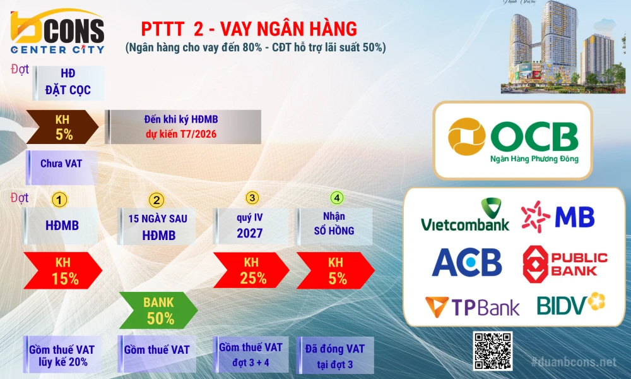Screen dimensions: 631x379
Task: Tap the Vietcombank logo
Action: (x=465, y=215)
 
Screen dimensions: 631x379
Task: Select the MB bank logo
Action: (x=558, y=217)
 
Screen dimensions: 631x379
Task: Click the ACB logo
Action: (x=467, y=262)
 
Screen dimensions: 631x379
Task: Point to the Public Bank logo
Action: (x=565, y=264)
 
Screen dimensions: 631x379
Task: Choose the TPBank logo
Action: (x=472, y=308)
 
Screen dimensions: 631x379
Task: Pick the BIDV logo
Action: (x=570, y=303)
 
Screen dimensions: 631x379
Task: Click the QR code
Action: (x=493, y=351)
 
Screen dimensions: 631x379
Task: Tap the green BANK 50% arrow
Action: (x=158, y=310)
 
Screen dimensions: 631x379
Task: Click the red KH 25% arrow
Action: (x=251, y=270)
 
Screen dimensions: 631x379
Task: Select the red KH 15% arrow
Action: (x=62, y=270)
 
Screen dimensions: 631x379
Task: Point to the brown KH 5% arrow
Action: (x=62, y=127)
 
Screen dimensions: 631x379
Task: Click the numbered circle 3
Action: (x=252, y=198)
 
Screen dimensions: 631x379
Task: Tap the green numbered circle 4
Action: (x=337, y=198)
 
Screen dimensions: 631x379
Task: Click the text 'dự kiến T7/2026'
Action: (x=181, y=134)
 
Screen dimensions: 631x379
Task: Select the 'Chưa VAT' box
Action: (x=62, y=167)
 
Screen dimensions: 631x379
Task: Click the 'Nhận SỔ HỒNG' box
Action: (x=334, y=226)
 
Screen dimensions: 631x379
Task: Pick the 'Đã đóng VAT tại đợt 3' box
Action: (x=335, y=356)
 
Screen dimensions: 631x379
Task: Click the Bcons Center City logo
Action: (x=57, y=32)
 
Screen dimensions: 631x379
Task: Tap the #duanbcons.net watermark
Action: (x=574, y=362)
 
